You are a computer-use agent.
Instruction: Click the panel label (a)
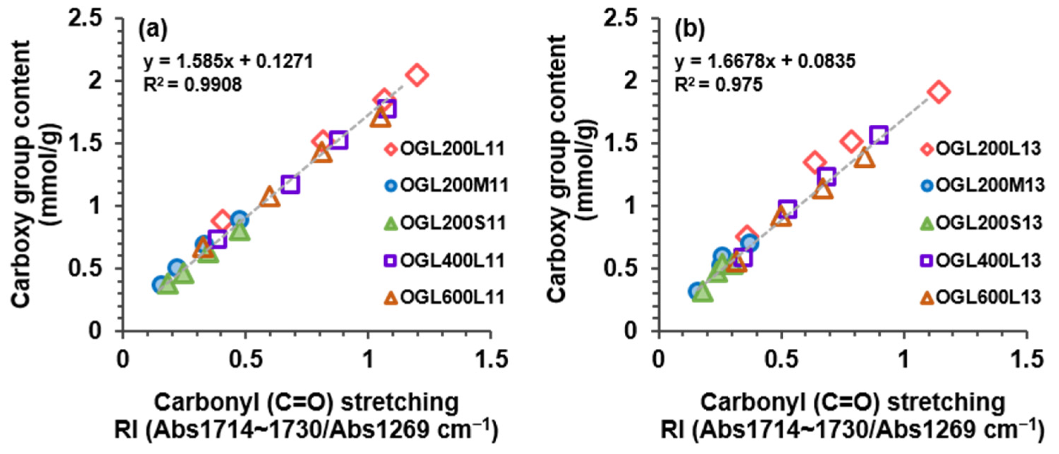153,30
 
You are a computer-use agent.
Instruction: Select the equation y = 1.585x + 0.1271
228,62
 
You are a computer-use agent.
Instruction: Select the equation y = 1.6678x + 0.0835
765,62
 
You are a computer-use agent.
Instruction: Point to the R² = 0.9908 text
192,85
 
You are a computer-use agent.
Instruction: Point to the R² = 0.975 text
718,85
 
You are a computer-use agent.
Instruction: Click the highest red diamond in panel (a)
417,75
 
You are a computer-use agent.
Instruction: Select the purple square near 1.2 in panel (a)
290,184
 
